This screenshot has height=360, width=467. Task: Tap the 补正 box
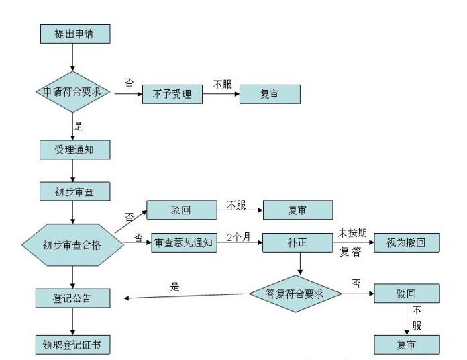[x=299, y=242]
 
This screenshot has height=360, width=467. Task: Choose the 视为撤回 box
[x=405, y=242]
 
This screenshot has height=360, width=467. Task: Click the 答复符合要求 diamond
[x=295, y=294]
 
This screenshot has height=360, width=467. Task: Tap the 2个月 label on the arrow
[x=237, y=236]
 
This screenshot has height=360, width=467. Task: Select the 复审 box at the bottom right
[x=407, y=345]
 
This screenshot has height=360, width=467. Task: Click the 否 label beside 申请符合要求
[x=129, y=83]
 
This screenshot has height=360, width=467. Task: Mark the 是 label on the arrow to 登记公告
[x=176, y=286]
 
